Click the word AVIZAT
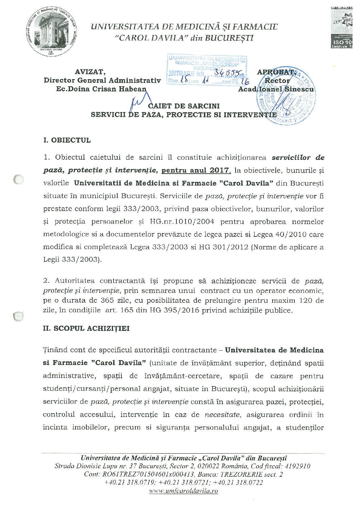90,72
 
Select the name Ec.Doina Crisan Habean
101,89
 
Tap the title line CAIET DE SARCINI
184,106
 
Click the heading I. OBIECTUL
67,140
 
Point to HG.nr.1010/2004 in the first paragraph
182,222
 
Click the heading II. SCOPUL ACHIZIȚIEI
86,329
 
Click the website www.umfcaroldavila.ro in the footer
184,491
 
